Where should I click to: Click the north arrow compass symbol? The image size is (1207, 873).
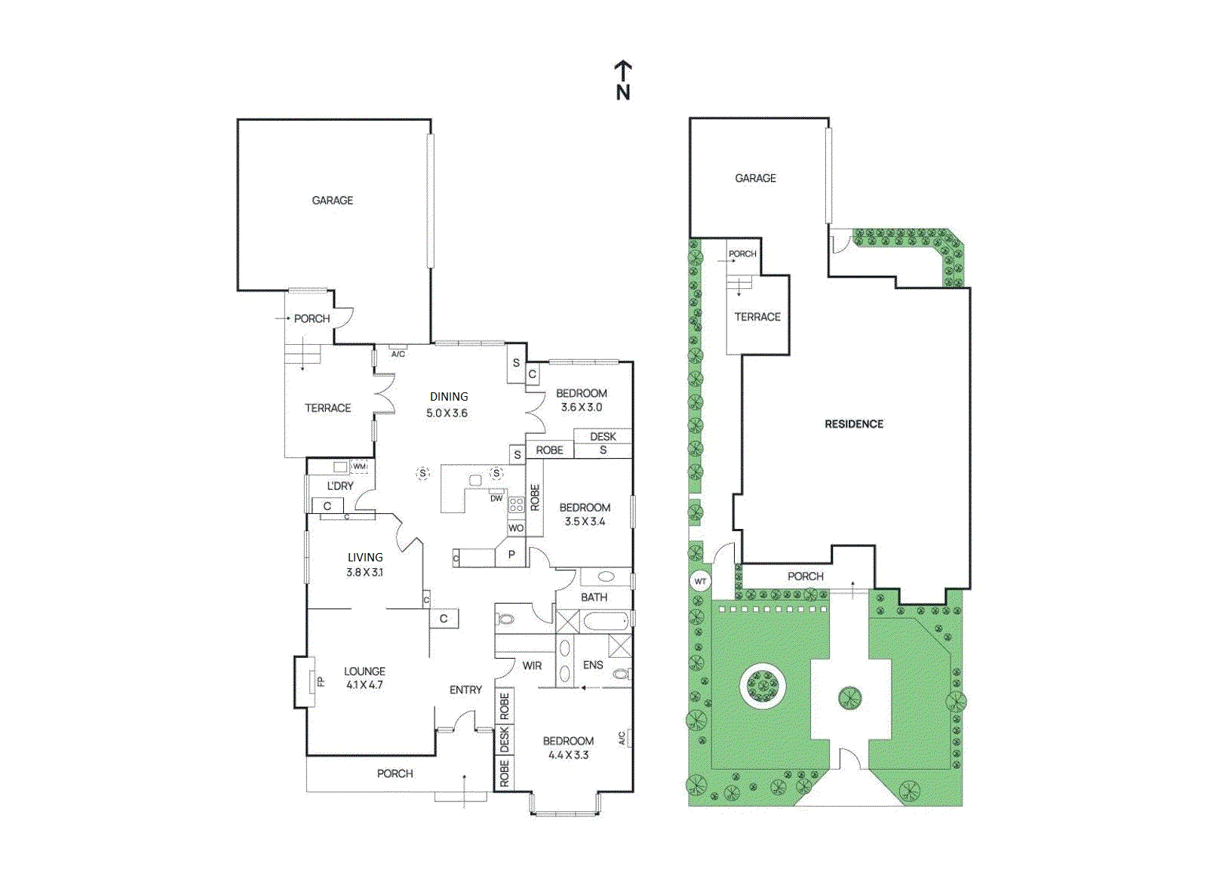click(622, 80)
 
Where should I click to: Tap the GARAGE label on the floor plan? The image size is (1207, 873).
click(332, 201)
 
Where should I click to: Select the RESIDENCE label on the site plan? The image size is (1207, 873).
click(853, 424)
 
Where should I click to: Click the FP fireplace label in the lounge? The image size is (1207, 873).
click(320, 681)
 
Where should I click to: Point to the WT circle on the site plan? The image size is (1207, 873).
click(700, 581)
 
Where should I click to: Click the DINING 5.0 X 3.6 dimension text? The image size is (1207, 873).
click(447, 413)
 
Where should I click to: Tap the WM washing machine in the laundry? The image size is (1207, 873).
click(359, 466)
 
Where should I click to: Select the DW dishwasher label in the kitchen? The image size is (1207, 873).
click(496, 498)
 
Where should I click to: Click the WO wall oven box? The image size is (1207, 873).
click(515, 528)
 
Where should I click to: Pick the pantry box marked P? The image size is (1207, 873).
click(511, 555)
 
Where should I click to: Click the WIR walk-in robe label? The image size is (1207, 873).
click(532, 666)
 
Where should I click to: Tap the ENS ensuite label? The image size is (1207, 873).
click(593, 665)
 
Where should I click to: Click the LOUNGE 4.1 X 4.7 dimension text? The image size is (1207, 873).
click(364, 685)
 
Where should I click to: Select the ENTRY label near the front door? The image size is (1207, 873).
click(465, 690)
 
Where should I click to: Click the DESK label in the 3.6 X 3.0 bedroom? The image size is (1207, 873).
click(603, 436)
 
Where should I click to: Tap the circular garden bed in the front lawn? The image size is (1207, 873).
click(763, 685)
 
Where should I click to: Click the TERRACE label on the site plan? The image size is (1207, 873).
click(757, 317)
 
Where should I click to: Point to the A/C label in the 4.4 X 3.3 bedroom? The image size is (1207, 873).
click(622, 737)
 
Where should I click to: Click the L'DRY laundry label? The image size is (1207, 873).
click(339, 486)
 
